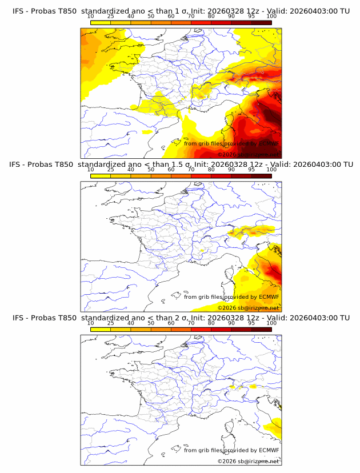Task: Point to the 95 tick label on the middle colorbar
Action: tap(251, 169)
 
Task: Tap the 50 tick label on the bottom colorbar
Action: tap(151, 323)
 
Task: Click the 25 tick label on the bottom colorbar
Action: tap(110, 323)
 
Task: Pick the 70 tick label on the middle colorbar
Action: tap(191, 169)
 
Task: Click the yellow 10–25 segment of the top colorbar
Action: tap(101, 22)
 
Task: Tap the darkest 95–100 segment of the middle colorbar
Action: tap(262, 176)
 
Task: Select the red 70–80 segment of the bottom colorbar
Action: tap(201, 330)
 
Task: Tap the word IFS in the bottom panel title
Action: tap(19, 318)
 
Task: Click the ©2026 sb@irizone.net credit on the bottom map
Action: tap(249, 461)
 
